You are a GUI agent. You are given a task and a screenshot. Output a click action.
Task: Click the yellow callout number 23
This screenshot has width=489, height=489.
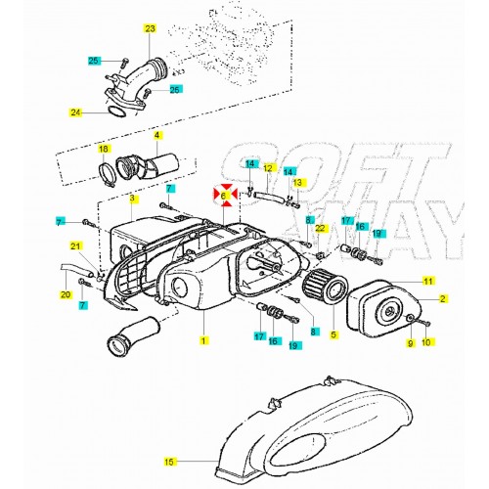[x=149, y=28]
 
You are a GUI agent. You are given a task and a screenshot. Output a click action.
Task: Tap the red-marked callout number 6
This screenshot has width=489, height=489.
[x=224, y=196]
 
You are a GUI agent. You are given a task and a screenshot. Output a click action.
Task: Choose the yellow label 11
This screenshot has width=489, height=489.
[x=427, y=282]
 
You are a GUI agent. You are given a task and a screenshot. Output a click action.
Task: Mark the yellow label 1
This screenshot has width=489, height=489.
[x=203, y=341]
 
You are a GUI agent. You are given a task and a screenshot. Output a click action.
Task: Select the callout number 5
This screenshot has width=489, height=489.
[x=333, y=333]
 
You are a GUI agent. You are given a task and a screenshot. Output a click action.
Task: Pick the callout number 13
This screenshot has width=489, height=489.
[x=297, y=183]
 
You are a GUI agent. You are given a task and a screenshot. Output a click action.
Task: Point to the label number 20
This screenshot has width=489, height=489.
[x=66, y=294]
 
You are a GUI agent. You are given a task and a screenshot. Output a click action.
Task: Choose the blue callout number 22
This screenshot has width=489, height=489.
[x=319, y=229]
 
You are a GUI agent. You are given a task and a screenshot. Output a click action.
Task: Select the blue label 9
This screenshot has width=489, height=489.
[x=411, y=342]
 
